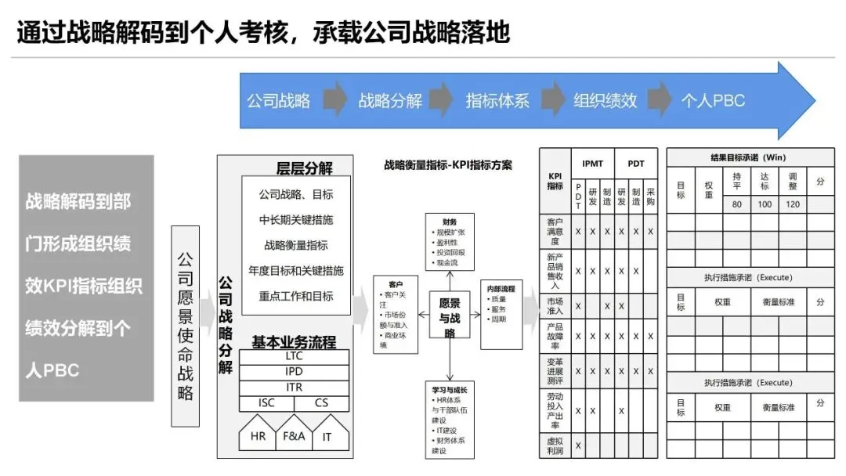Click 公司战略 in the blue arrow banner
[279, 101]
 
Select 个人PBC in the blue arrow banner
[713, 101]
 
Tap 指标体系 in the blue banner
[497, 101]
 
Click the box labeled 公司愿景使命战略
[185, 326]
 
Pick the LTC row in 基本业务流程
[294, 356]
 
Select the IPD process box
[294, 372]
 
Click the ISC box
[266, 403]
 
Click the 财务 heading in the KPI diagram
[449, 222]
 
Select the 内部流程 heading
[501, 289]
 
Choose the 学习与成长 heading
[450, 390]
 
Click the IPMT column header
[592, 163]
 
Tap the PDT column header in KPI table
[636, 163]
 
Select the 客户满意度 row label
[555, 232]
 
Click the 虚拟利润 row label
[555, 445]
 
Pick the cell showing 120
[792, 204]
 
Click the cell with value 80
[736, 204]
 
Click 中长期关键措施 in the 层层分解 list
[296, 219]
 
